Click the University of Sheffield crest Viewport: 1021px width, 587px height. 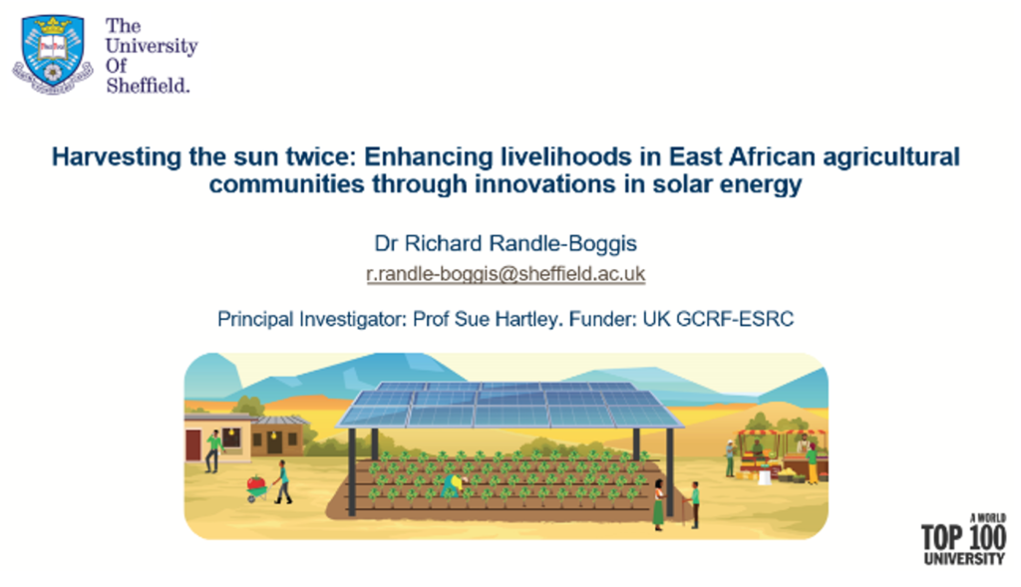pyautogui.click(x=53, y=55)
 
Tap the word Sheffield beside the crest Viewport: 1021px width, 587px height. pyautogui.click(x=148, y=86)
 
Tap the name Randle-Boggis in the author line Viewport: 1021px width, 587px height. pyautogui.click(x=562, y=243)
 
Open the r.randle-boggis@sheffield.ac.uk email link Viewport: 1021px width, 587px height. pyautogui.click(x=506, y=274)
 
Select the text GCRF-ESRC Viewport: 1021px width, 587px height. pyautogui.click(x=735, y=319)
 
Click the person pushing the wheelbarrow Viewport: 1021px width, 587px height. pyautogui.click(x=282, y=481)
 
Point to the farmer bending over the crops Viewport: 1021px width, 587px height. pyautogui.click(x=454, y=485)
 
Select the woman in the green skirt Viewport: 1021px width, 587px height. pyautogui.click(x=658, y=504)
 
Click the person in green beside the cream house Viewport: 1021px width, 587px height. pyautogui.click(x=213, y=451)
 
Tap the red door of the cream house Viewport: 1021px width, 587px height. pyautogui.click(x=193, y=445)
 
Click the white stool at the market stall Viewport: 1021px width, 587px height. pyautogui.click(x=765, y=477)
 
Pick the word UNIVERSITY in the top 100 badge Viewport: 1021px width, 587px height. pyautogui.click(x=964, y=559)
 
